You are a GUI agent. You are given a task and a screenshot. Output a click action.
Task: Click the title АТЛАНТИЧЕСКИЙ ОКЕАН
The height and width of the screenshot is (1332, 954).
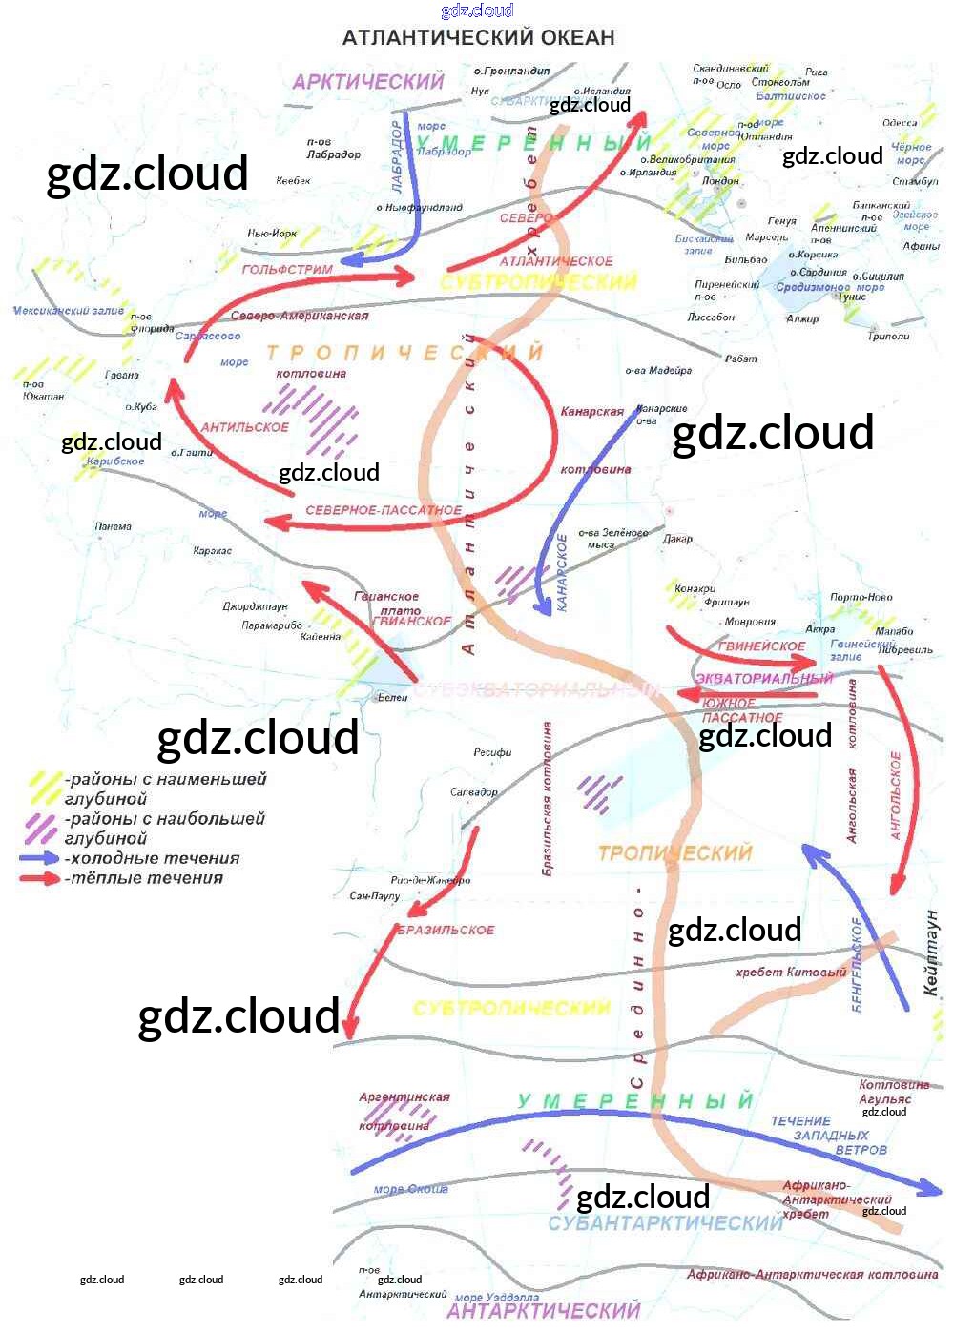tap(478, 38)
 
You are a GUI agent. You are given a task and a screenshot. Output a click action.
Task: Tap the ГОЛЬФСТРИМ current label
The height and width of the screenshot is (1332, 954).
tap(287, 270)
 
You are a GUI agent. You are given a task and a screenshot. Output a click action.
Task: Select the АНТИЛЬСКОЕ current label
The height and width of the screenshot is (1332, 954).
tap(244, 427)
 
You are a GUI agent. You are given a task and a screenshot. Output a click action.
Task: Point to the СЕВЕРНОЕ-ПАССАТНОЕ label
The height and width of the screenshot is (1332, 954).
tap(384, 511)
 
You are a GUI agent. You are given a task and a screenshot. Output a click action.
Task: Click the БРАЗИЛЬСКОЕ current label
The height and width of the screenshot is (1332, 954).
tap(446, 930)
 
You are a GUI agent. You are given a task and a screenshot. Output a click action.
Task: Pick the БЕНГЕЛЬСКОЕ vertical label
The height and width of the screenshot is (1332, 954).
tap(857, 965)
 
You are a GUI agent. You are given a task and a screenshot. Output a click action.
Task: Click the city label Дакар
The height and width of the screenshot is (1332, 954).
tap(677, 539)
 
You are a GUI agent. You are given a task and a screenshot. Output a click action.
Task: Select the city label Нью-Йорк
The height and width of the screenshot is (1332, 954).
tap(272, 234)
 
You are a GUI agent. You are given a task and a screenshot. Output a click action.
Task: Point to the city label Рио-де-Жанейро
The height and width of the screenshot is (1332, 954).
tap(430, 880)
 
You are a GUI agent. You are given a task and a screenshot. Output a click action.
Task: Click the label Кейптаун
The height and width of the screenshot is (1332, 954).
tap(931, 953)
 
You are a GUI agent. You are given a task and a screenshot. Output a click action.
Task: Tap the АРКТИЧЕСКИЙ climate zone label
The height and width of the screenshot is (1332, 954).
tap(368, 82)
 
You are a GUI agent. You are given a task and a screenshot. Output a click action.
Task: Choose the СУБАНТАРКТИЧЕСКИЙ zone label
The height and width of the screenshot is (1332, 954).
tap(665, 1223)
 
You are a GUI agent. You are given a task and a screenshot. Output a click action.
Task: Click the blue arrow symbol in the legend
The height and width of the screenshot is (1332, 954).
tap(40, 858)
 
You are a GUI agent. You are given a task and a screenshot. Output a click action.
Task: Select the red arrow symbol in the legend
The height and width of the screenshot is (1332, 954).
tap(40, 878)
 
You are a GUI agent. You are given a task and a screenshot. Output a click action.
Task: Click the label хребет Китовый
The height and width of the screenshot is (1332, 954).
tap(791, 973)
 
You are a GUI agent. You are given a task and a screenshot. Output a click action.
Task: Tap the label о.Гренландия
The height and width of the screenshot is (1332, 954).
tap(511, 72)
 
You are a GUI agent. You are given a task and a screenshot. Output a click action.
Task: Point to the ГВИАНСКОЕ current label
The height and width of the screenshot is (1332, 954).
tap(412, 621)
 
